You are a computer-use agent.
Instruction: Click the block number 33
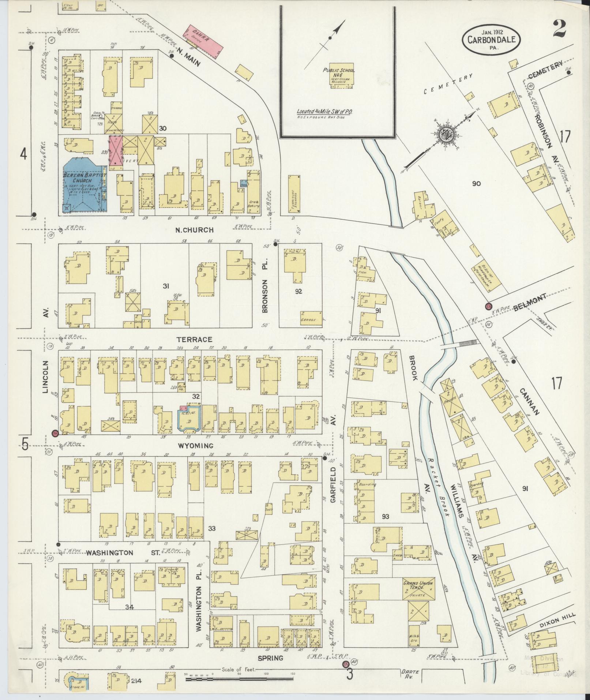pyautogui.click(x=212, y=528)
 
